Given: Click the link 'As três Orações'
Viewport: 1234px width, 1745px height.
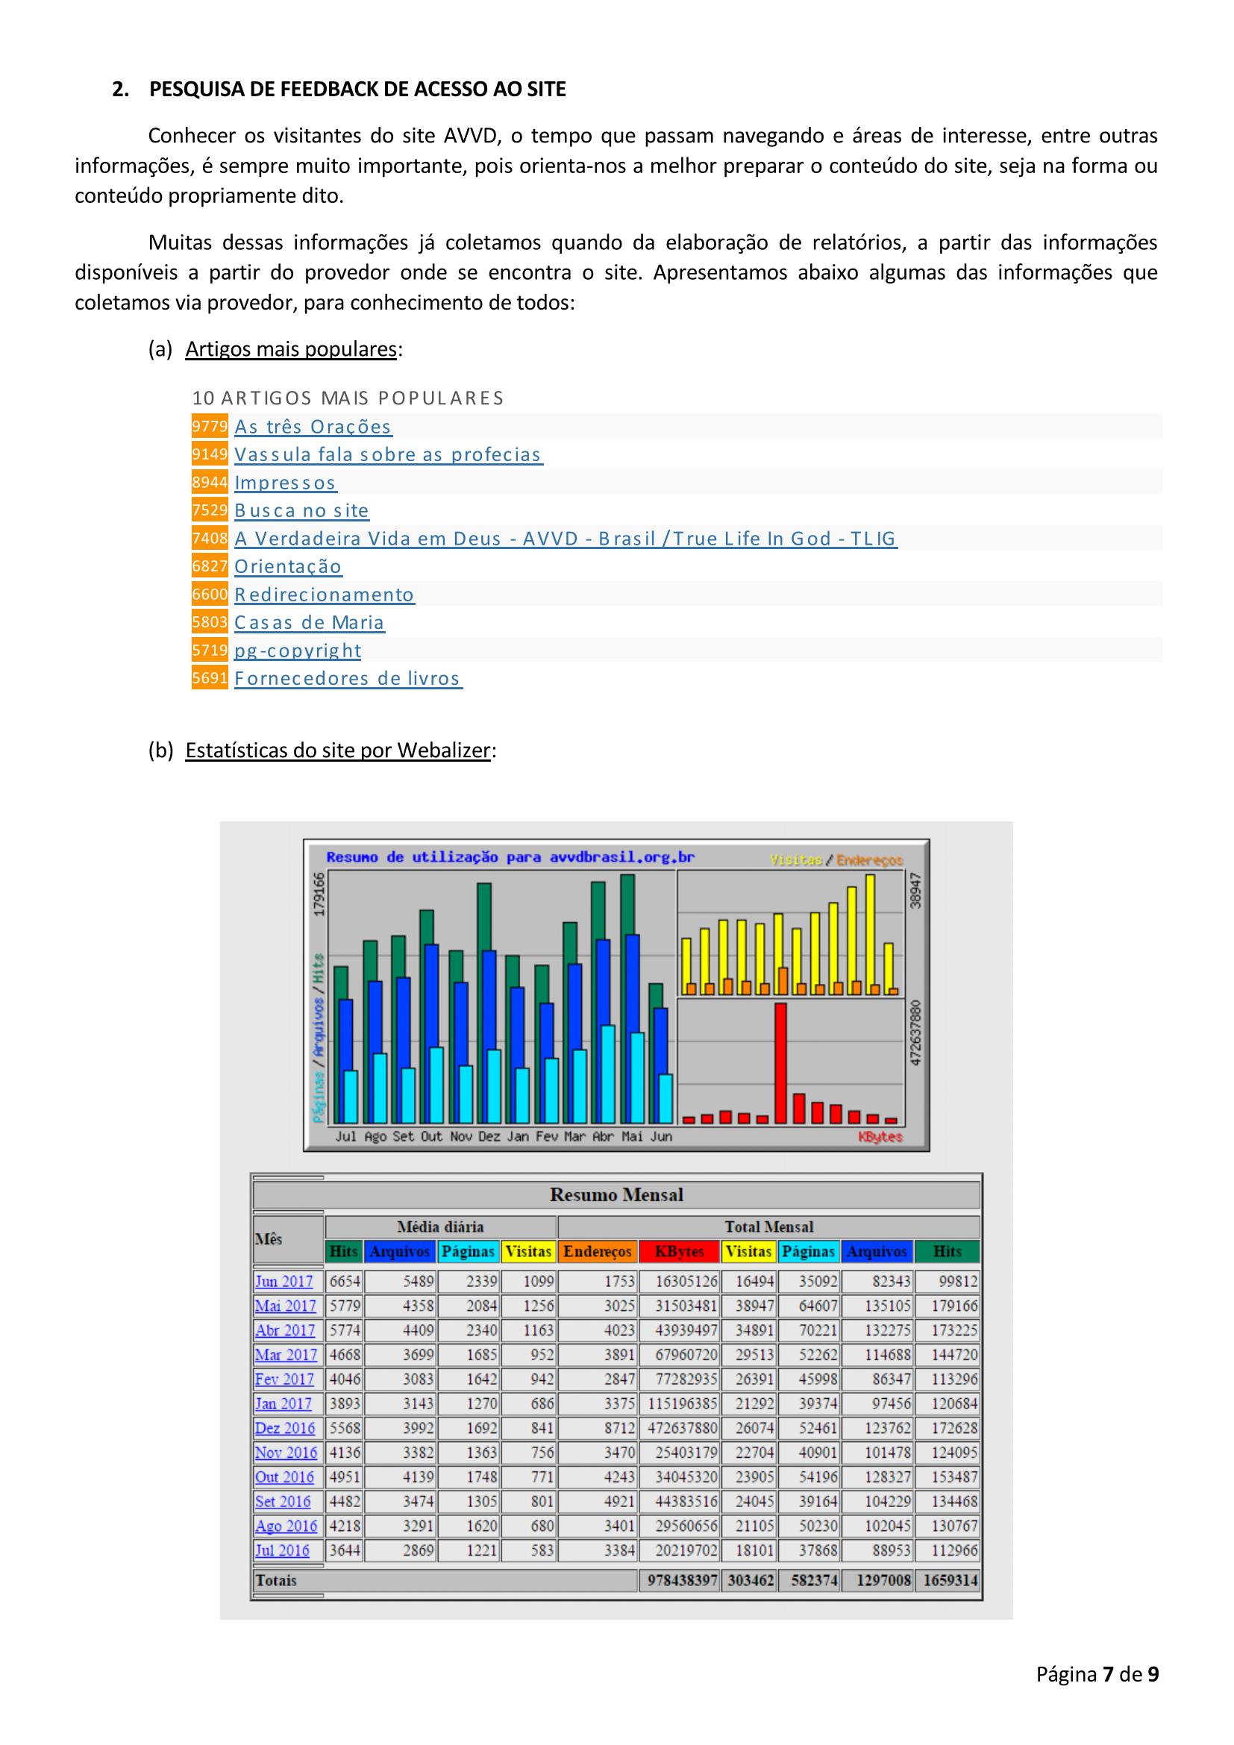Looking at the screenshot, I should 313,427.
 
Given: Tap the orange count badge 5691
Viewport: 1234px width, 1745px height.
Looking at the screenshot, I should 210,678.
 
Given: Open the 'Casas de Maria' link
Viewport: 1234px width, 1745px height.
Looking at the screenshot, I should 309,622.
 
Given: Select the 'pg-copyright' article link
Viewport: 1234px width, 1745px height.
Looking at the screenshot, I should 297,651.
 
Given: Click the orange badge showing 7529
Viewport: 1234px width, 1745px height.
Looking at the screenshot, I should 210,510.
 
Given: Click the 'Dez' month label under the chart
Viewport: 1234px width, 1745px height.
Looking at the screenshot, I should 489,1137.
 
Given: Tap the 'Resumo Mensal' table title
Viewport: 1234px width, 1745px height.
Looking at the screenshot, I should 616,1194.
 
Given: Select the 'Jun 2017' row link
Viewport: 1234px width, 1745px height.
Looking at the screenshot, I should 284,1282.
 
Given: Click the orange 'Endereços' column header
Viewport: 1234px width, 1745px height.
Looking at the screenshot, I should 598,1252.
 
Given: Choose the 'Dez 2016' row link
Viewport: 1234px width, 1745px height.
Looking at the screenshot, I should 285,1428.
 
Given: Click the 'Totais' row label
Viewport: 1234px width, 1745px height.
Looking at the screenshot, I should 276,1581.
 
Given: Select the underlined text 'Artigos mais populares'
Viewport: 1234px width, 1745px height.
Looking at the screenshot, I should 291,349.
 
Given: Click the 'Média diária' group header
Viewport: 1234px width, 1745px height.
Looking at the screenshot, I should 440,1226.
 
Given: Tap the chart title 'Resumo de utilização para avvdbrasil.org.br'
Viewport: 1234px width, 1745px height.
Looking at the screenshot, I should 510,857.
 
